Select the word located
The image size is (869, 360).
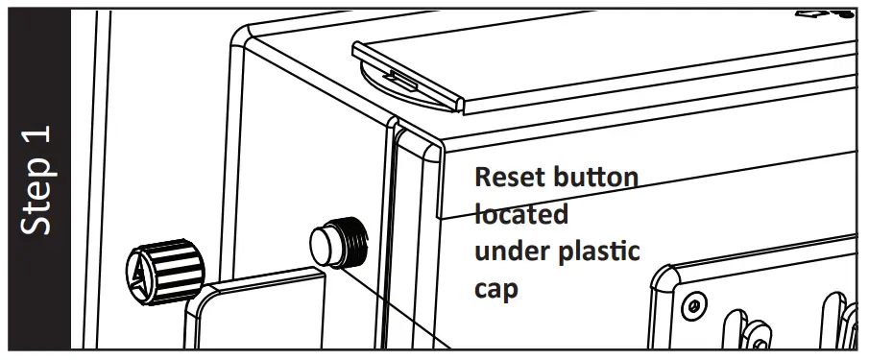pos(521,215)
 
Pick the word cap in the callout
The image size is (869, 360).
pos(495,288)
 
